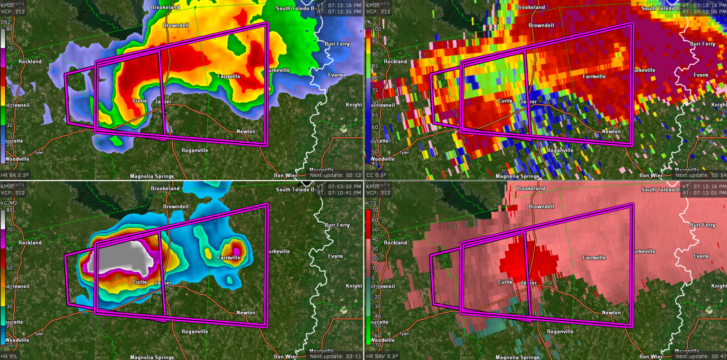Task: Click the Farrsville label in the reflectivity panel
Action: pos(229,76)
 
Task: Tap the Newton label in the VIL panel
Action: pos(246,313)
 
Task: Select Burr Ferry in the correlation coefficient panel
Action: pos(702,44)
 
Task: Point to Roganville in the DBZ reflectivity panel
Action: pos(195,150)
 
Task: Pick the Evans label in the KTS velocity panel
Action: pos(700,256)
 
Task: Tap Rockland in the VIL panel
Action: pos(30,243)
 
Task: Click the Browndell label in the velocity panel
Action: pos(541,207)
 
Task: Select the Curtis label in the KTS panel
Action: pos(505,282)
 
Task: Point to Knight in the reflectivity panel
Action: pos(354,105)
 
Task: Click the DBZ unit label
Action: pos(6,22)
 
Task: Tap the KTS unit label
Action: pos(371,203)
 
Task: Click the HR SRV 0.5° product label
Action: pos(382,356)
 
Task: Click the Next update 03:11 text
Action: pos(336,356)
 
